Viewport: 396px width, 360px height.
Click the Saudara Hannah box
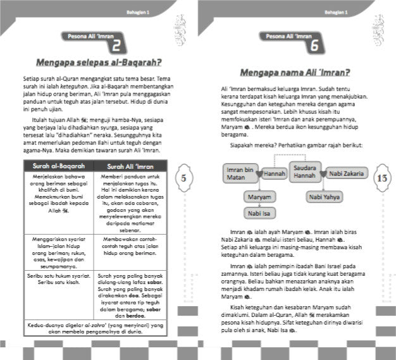tap(301, 171)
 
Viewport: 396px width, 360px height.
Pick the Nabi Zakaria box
tap(344, 173)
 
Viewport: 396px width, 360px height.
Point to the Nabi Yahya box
tap(324, 197)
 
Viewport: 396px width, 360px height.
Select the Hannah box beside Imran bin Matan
tap(274, 173)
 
